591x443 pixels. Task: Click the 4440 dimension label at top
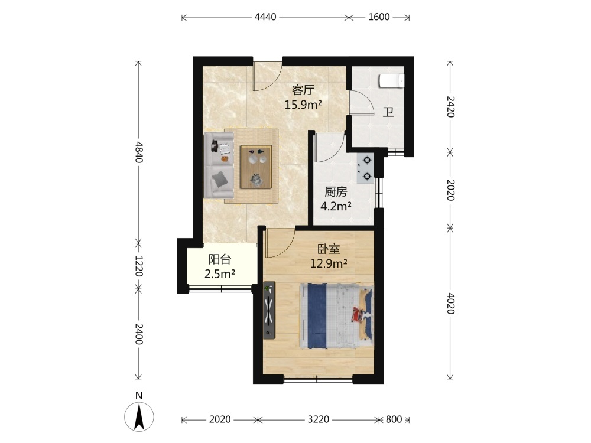(x=265, y=17)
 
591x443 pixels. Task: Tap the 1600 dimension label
(x=379, y=17)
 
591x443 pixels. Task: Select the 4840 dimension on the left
(x=139, y=152)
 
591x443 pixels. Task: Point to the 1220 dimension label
(x=139, y=266)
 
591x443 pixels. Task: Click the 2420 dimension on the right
(x=450, y=106)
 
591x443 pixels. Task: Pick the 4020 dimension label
(x=450, y=303)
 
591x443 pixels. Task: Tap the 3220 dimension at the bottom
(x=319, y=419)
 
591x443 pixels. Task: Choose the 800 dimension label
(x=394, y=419)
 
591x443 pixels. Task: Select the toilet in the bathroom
(x=392, y=80)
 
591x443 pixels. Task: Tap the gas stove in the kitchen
(x=365, y=168)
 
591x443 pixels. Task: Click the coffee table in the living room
(x=256, y=167)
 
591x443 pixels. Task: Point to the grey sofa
(x=219, y=165)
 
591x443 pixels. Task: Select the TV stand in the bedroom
(x=269, y=310)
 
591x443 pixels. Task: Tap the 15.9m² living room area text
(x=303, y=105)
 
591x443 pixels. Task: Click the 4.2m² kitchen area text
(x=336, y=206)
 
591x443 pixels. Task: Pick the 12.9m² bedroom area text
(x=328, y=263)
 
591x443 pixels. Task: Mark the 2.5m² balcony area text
(x=220, y=274)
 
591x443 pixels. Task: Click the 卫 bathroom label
(x=388, y=112)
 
